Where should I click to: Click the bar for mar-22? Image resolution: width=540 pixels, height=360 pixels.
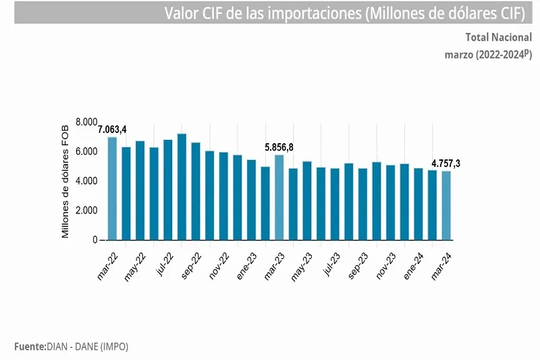(112, 188)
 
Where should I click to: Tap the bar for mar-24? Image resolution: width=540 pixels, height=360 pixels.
(446, 205)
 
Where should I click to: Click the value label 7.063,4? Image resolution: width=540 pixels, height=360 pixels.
(112, 129)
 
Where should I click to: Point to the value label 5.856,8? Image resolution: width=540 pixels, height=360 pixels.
(278, 147)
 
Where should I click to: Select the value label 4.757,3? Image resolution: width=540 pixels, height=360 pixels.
(446, 163)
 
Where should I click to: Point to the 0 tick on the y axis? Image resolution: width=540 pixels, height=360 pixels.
(95, 240)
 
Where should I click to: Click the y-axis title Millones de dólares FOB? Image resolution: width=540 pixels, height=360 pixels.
(65, 181)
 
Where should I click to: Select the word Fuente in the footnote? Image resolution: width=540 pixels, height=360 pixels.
(29, 346)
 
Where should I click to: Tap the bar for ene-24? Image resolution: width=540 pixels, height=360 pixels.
(418, 204)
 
